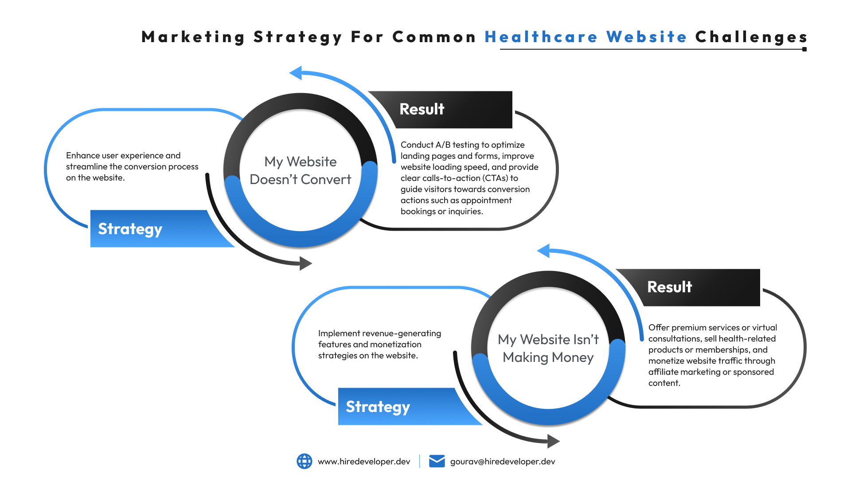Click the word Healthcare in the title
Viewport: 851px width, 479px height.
(541, 37)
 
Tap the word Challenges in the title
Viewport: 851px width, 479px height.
(751, 37)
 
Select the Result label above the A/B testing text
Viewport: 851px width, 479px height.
(422, 109)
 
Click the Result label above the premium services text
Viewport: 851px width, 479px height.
(669, 287)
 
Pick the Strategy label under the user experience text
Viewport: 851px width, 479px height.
(130, 229)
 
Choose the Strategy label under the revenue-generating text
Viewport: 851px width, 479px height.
(378, 407)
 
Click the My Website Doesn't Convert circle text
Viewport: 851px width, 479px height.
(301, 170)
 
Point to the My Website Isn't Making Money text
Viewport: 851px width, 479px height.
(548, 348)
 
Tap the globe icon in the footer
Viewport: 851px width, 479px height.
(304, 461)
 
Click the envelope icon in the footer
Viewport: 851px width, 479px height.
(437, 461)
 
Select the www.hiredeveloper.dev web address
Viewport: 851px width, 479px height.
(364, 462)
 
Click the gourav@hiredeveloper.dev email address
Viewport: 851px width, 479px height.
(503, 462)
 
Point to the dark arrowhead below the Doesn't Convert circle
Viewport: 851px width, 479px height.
(305, 263)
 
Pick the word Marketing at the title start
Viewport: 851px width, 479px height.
(193, 37)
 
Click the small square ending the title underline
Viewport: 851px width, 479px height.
(804, 49)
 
